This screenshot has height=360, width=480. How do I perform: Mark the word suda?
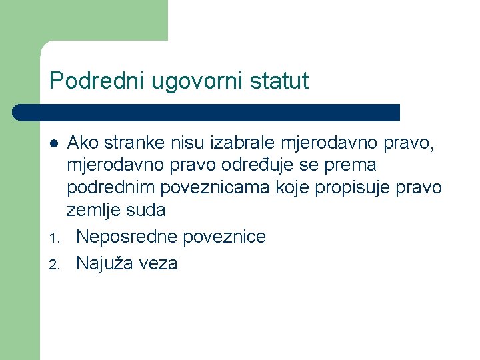(x=146, y=211)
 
